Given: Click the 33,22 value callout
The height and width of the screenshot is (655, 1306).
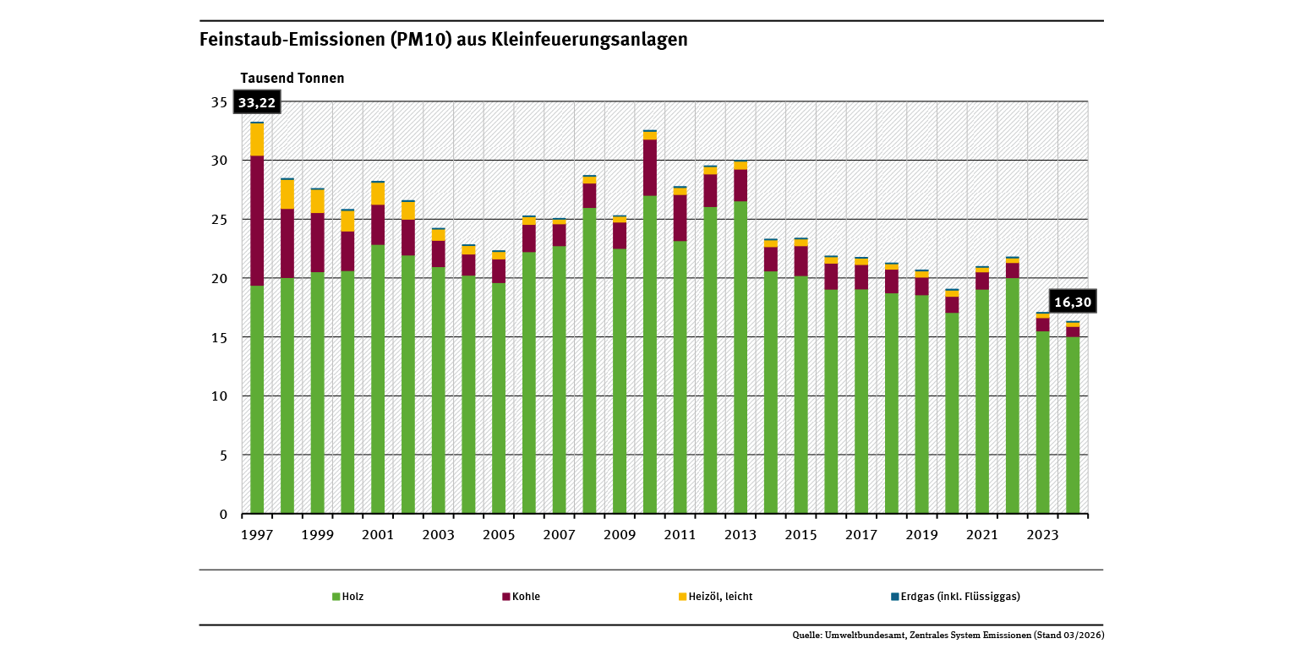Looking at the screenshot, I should [x=256, y=102].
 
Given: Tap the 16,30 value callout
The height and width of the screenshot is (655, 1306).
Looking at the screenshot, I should [x=1072, y=302].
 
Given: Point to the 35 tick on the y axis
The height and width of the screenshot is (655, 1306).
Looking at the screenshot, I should [x=219, y=102].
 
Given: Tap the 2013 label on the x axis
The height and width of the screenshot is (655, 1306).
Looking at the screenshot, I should [x=740, y=535].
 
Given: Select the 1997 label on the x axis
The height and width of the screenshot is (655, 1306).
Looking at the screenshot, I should [x=257, y=535].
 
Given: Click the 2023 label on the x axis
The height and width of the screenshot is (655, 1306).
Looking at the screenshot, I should [x=1042, y=535].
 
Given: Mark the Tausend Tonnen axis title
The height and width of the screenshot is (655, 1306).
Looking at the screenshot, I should [x=292, y=78].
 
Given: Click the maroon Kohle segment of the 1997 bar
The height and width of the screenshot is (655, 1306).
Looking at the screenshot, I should [x=257, y=220].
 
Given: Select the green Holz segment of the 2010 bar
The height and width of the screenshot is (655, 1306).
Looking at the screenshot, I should [x=650, y=355].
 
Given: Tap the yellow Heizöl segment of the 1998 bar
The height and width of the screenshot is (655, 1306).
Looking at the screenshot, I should [x=287, y=194].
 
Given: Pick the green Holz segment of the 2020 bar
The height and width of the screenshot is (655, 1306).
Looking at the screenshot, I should [x=952, y=414].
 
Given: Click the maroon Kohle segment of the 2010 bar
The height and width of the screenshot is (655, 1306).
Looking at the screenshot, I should [x=650, y=167].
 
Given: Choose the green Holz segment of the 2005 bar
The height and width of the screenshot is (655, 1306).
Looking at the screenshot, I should [x=499, y=397].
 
